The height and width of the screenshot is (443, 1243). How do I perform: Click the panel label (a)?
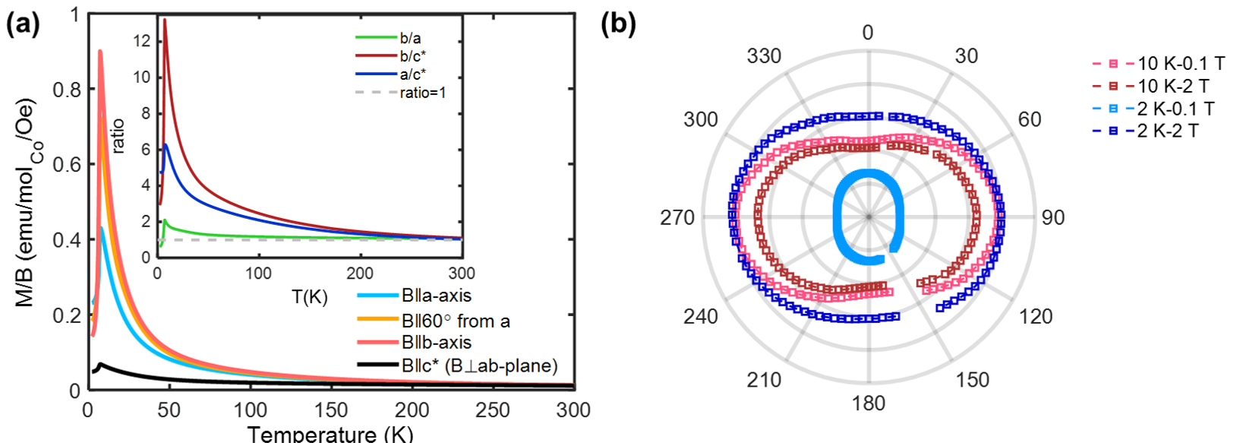point(23,24)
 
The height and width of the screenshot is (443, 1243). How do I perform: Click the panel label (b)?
point(618,24)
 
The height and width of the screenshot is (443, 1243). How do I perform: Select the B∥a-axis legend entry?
point(436,296)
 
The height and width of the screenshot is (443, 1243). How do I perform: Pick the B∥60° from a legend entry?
point(456,321)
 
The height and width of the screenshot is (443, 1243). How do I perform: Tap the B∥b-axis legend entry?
point(437,343)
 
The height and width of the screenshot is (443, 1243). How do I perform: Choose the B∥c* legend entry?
point(479,365)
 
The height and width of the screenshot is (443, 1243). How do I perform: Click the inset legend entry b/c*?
point(413,56)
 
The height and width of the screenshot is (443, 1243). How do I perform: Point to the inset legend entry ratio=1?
point(423,93)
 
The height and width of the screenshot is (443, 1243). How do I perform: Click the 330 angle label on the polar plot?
point(763,55)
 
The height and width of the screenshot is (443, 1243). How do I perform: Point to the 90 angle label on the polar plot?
point(1052,217)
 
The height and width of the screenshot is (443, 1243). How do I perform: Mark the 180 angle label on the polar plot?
point(868,403)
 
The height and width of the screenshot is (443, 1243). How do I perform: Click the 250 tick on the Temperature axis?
point(493,410)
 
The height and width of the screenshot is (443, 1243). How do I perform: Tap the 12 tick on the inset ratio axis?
point(142,40)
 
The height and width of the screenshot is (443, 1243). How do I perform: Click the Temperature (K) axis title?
point(330,434)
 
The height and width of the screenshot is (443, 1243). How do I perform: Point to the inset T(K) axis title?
point(310,297)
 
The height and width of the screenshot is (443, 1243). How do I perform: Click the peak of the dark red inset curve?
point(165,20)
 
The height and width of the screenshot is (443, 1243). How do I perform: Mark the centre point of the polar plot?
point(869,217)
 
